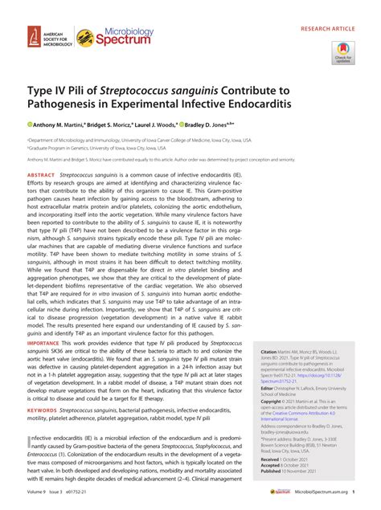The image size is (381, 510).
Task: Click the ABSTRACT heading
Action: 41,175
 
